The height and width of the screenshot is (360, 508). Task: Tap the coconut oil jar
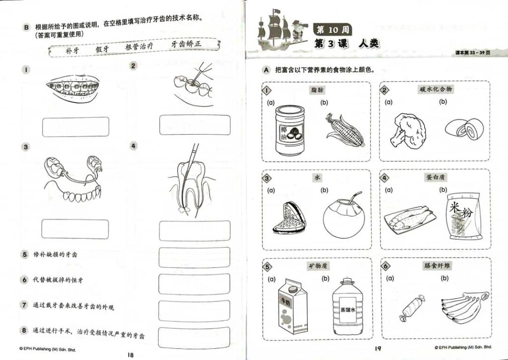pyautogui.click(x=290, y=130)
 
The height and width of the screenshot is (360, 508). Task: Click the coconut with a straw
pyautogui.click(x=344, y=215)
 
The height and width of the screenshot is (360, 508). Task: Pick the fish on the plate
pyautogui.click(x=410, y=219)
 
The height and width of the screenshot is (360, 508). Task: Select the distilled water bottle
pyautogui.click(x=348, y=306)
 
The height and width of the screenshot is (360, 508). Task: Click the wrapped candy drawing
pyautogui.click(x=412, y=307)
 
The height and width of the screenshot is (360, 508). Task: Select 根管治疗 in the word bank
pyautogui.click(x=139, y=46)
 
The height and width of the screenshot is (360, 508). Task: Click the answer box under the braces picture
pyautogui.click(x=75, y=127)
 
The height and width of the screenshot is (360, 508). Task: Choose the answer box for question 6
pyautogui.click(x=194, y=284)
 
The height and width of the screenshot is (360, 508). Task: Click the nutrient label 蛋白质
pyautogui.click(x=436, y=177)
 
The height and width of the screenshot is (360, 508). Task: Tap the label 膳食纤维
pyautogui.click(x=437, y=266)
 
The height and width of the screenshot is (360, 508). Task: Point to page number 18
pyautogui.click(x=130, y=355)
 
